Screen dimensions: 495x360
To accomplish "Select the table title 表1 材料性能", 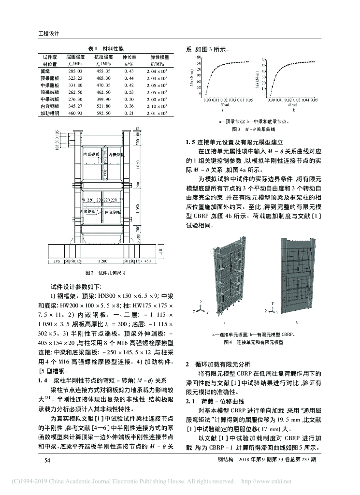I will tap(105, 49).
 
